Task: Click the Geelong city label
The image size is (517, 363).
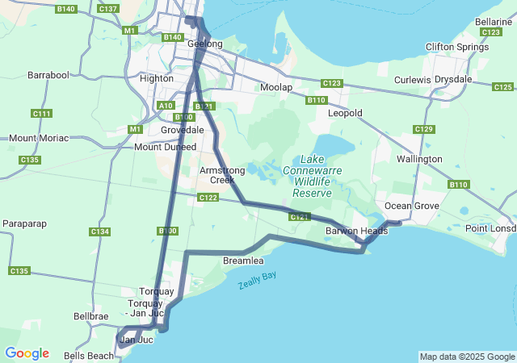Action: pos(205,44)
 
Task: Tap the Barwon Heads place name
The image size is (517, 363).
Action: pos(356,231)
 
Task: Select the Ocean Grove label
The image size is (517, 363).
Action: pos(411,206)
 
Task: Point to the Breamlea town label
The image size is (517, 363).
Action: pos(243,261)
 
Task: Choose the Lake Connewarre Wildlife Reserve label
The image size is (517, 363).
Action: pos(312,177)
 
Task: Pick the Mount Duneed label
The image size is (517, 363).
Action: pos(165,147)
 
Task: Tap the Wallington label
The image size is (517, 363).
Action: pos(419,159)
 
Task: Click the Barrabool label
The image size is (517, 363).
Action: pos(48,74)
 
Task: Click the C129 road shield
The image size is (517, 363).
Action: pos(424,129)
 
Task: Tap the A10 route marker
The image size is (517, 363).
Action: pos(166,105)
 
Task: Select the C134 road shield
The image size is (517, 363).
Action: pos(99,232)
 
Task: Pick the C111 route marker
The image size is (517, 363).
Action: pos(42,113)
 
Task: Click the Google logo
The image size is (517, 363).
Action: pos(27,353)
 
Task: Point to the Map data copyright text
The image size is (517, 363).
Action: pos(466,357)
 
